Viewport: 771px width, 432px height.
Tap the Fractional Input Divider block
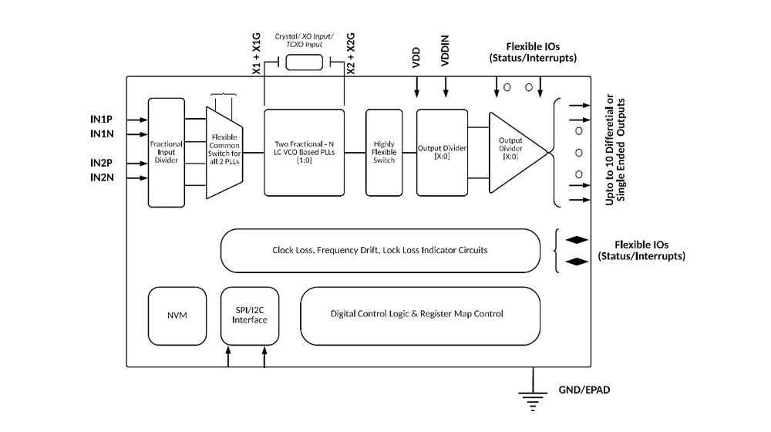165,152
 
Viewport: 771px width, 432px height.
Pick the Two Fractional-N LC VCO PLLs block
304,152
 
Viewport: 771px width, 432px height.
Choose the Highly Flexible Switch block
384,152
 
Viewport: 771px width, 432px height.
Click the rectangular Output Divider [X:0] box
442,152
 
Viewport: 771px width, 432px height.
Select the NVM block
176,316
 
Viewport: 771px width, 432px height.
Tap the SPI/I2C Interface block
250,316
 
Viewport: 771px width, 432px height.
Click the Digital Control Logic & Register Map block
416,314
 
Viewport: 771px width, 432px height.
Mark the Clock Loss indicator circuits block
379,250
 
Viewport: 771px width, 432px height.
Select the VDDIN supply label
445,59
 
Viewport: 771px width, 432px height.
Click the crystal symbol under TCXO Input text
304,62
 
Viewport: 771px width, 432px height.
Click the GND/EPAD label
584,390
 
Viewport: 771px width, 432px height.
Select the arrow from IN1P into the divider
136,120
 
